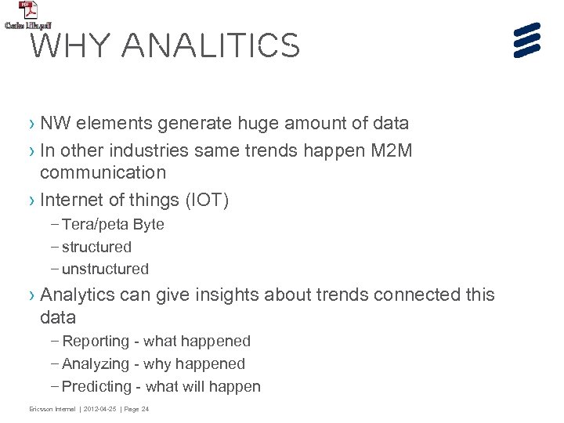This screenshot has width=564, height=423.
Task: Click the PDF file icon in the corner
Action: click(28, 11)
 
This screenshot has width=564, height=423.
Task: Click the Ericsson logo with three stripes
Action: click(528, 39)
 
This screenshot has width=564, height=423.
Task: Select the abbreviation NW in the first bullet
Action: click(52, 123)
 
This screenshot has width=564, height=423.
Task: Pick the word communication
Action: click(103, 172)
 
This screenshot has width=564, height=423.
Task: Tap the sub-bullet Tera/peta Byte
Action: click(113, 225)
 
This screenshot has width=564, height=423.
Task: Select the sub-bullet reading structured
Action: click(96, 247)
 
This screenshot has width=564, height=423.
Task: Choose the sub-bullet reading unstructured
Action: click(105, 269)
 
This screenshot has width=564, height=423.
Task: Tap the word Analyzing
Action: click(96, 363)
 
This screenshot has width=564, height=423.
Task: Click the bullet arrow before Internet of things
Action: click(31, 201)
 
